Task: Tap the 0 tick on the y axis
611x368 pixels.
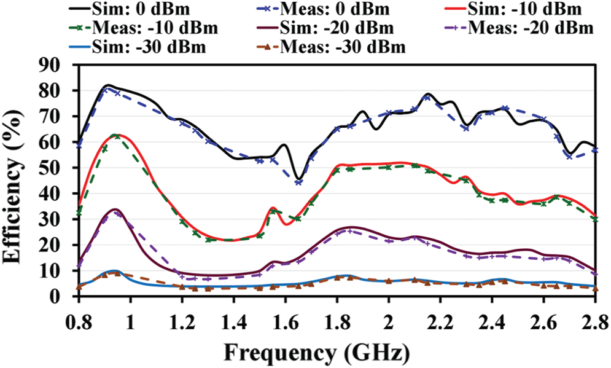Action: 65,296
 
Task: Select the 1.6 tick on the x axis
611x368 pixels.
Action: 285,320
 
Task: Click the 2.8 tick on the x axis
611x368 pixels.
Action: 594,320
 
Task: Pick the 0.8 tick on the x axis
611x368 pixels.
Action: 79,320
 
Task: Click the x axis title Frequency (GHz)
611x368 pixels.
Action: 317,353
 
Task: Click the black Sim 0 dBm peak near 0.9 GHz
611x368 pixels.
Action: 108,85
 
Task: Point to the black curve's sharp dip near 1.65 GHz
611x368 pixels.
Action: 298,178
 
